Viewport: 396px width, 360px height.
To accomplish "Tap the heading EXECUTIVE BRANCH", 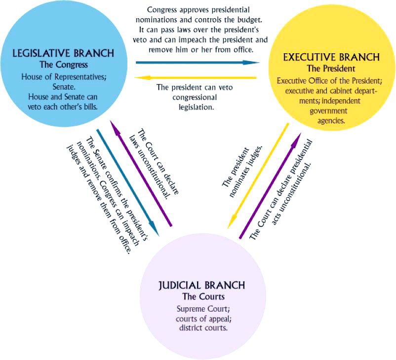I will tap(331, 57).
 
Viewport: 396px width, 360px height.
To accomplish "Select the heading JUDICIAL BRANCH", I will tap(202, 286).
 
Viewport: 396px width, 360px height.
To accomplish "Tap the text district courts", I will tap(202, 327).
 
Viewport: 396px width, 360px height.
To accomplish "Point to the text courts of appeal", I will tap(202, 319).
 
